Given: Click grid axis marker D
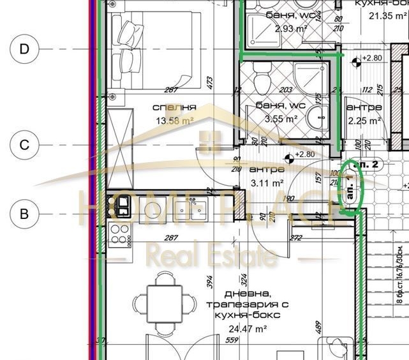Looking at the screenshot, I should click(x=24, y=49).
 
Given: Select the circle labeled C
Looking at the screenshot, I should click(x=24, y=146).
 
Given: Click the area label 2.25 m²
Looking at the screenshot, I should click(x=364, y=119).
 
